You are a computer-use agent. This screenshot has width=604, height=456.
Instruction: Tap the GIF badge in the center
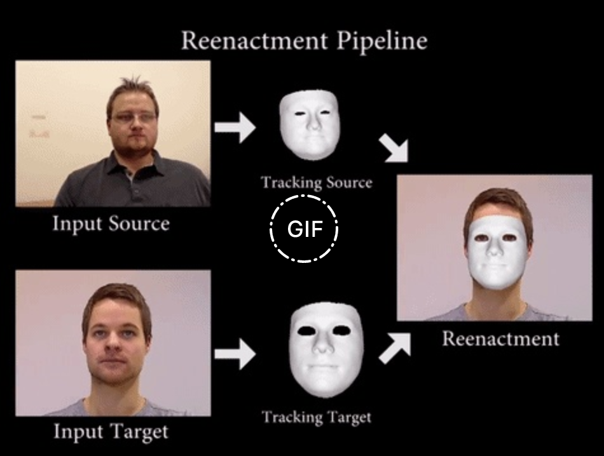tap(304, 229)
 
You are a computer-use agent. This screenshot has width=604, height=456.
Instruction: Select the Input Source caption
tap(111, 224)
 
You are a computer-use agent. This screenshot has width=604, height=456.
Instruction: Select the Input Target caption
tap(111, 433)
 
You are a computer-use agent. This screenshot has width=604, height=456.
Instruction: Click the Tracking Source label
tap(316, 183)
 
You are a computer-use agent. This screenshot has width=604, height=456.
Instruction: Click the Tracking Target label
tap(316, 417)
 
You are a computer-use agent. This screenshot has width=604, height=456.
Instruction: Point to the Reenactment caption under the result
tap(500, 338)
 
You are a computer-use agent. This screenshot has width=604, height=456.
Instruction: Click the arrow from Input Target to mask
tap(234, 356)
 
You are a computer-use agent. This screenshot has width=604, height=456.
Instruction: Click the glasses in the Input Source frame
tap(134, 117)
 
